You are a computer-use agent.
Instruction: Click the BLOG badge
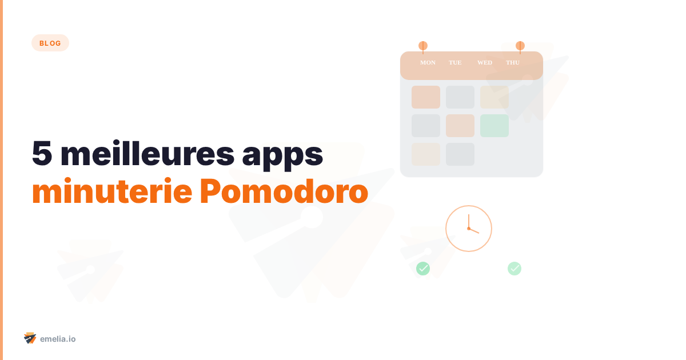[50, 43]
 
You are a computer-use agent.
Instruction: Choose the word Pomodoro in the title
[284, 193]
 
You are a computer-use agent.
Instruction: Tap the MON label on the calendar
[428, 62]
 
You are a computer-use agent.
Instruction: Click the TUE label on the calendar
[455, 62]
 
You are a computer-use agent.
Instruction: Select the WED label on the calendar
[485, 62]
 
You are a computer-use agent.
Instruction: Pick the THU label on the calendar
[513, 62]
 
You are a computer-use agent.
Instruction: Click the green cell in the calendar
[494, 126]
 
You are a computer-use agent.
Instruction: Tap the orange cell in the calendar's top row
[426, 97]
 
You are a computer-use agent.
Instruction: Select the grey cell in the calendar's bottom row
[460, 154]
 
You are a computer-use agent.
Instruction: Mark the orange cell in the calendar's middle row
[460, 126]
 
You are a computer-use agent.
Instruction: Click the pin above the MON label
[423, 46]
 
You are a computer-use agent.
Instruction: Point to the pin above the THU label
[520, 46]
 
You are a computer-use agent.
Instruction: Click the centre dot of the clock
[469, 229]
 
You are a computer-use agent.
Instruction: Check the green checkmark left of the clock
[423, 268]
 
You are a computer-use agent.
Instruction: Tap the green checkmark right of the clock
[514, 268]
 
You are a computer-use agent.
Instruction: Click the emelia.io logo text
[58, 339]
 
